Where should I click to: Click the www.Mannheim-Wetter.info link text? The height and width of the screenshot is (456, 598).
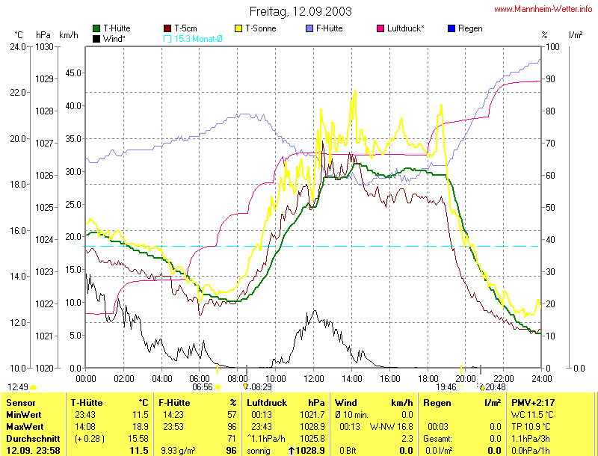pyautogui.click(x=543, y=9)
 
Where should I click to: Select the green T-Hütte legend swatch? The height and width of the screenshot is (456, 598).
pyautogui.click(x=97, y=28)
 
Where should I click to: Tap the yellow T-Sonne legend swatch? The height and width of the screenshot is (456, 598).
pyautogui.click(x=240, y=28)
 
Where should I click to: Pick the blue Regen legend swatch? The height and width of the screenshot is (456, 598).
pyautogui.click(x=451, y=28)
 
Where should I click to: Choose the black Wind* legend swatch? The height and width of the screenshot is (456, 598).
pyautogui.click(x=97, y=38)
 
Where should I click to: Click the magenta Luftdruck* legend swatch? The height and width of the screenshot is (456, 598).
pyautogui.click(x=381, y=28)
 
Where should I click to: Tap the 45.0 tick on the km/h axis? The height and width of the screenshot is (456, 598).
pyautogui.click(x=72, y=73)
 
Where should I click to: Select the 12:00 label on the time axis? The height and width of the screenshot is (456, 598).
pyautogui.click(x=314, y=378)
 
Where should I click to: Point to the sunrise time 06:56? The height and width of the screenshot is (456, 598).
pyautogui.click(x=203, y=387)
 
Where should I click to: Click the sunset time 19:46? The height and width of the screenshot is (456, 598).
pyautogui.click(x=446, y=387)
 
